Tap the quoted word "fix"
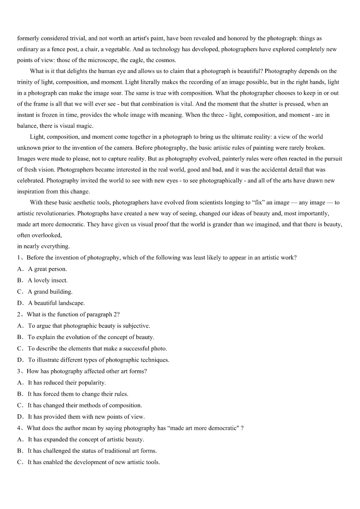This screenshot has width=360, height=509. (x=258, y=202)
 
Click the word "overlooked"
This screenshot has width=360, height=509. (x=46, y=235)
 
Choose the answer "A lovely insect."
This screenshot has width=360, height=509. (x=48, y=280)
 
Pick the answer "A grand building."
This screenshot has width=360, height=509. (x=50, y=291)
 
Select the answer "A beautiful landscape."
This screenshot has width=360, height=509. (x=56, y=303)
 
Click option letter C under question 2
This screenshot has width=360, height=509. (x=20, y=349)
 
